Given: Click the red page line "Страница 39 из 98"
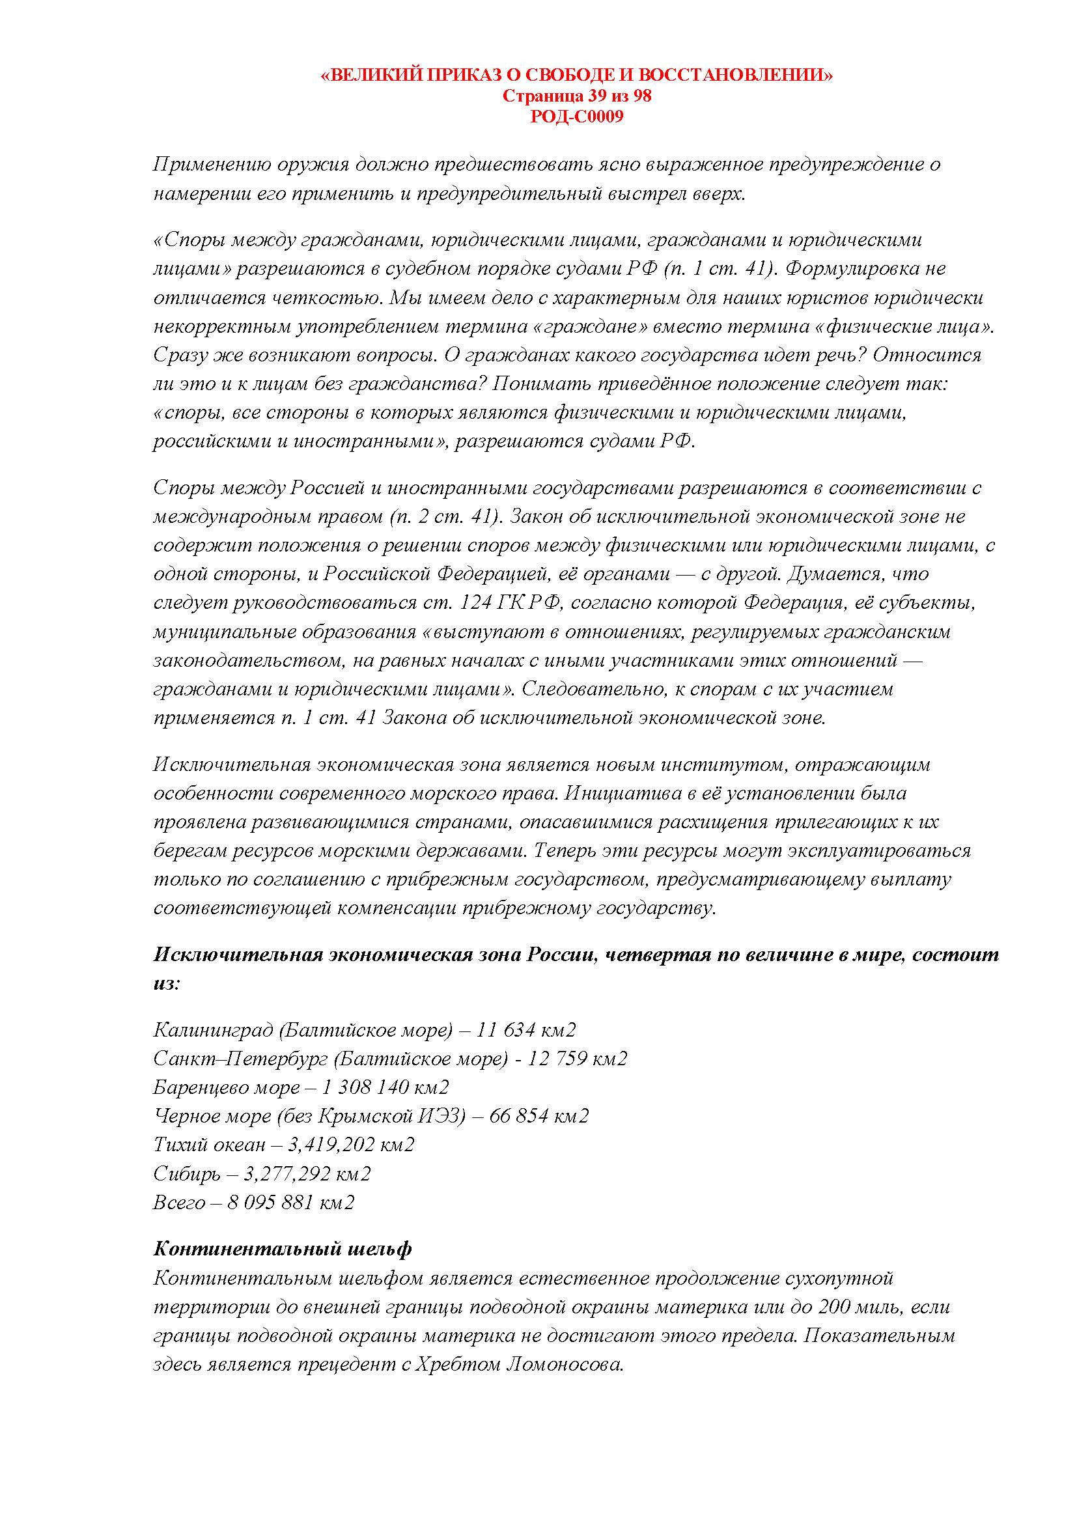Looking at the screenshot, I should point(576,96).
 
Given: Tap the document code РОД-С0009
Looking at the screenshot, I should point(576,117).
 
